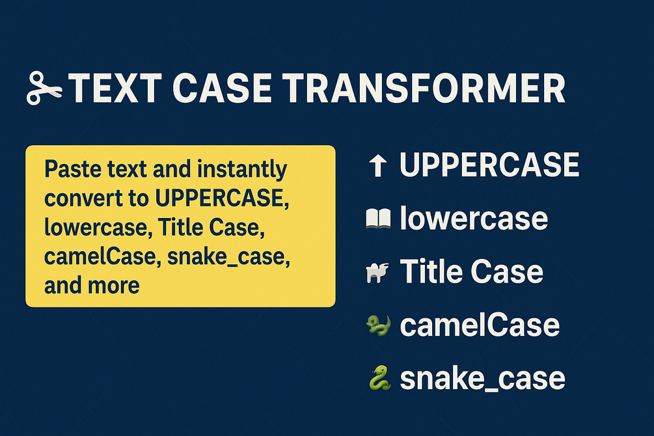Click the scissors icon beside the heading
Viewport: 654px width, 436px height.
(44, 88)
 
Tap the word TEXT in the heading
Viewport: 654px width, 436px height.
(115, 88)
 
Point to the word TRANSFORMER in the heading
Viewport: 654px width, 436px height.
(424, 88)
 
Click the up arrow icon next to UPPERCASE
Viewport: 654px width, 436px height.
(378, 165)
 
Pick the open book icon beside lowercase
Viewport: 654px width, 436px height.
(378, 219)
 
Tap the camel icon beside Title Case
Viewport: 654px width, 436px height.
(377, 273)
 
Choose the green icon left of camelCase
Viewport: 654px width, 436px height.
(378, 325)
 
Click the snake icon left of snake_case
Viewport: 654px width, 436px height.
(379, 378)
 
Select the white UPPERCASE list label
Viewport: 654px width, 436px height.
(489, 165)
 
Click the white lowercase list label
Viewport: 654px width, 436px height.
(474, 218)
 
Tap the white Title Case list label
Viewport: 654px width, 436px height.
(472, 271)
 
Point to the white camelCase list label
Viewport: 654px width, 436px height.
(480, 325)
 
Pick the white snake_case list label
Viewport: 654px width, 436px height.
(483, 379)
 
